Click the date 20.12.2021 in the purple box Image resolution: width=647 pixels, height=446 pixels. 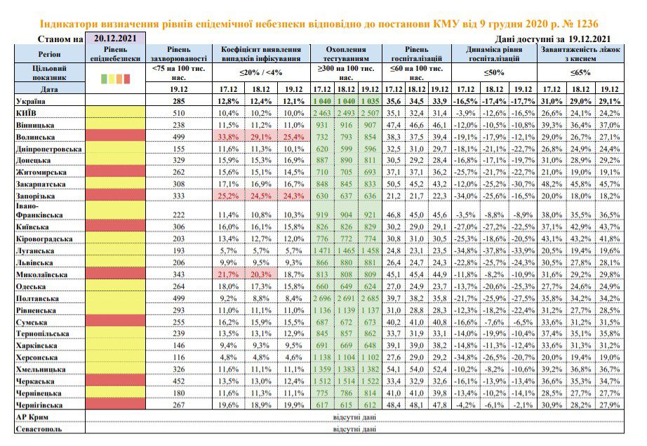click(115, 39)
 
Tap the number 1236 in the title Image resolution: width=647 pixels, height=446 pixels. click(585, 24)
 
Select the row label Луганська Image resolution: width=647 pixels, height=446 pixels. click(35, 250)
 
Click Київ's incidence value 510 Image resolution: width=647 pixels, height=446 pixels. click(179, 113)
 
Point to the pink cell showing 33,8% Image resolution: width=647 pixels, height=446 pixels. click(228, 137)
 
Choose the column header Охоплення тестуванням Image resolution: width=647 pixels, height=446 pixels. click(346, 54)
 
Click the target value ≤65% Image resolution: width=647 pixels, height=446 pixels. click(580, 72)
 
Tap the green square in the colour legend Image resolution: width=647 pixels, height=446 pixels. click(104, 79)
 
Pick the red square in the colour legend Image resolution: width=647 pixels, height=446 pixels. click(127, 79)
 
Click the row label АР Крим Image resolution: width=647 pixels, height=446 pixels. click(32, 417)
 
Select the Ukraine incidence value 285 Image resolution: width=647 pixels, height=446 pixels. click(179, 101)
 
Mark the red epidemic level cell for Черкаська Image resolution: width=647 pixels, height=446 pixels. click(115, 380)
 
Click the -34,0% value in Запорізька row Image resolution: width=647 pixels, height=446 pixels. click(466, 196)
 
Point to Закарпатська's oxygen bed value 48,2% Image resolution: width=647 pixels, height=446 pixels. click(552, 184)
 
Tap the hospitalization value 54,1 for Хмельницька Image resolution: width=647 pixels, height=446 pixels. click(393, 370)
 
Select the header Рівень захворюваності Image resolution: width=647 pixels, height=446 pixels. click(179, 54)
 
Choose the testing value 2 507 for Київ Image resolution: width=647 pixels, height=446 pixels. click(370, 113)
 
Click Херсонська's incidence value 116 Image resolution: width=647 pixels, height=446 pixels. click(179, 358)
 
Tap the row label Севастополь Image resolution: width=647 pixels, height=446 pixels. click(39, 429)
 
